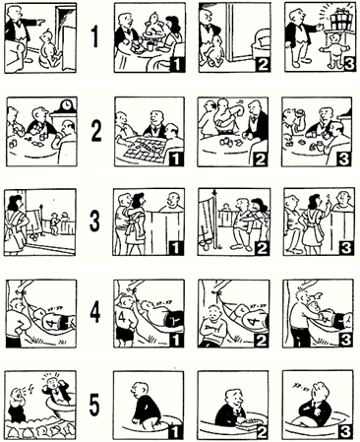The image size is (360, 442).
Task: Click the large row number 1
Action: point(94,36)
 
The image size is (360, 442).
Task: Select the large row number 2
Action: point(95,131)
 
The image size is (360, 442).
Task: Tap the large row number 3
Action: point(94,221)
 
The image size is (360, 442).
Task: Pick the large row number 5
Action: point(94,406)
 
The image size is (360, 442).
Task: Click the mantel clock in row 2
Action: point(67,105)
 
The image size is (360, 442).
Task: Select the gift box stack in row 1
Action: point(341,18)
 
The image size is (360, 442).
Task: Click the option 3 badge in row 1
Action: point(348,64)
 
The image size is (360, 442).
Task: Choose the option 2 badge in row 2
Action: point(261,158)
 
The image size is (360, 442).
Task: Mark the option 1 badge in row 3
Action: point(176,248)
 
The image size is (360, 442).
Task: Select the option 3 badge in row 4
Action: point(345,340)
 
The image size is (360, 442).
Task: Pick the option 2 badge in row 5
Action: point(261,431)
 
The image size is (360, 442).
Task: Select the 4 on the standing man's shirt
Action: point(120,318)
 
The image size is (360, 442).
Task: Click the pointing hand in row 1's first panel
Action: point(41,22)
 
